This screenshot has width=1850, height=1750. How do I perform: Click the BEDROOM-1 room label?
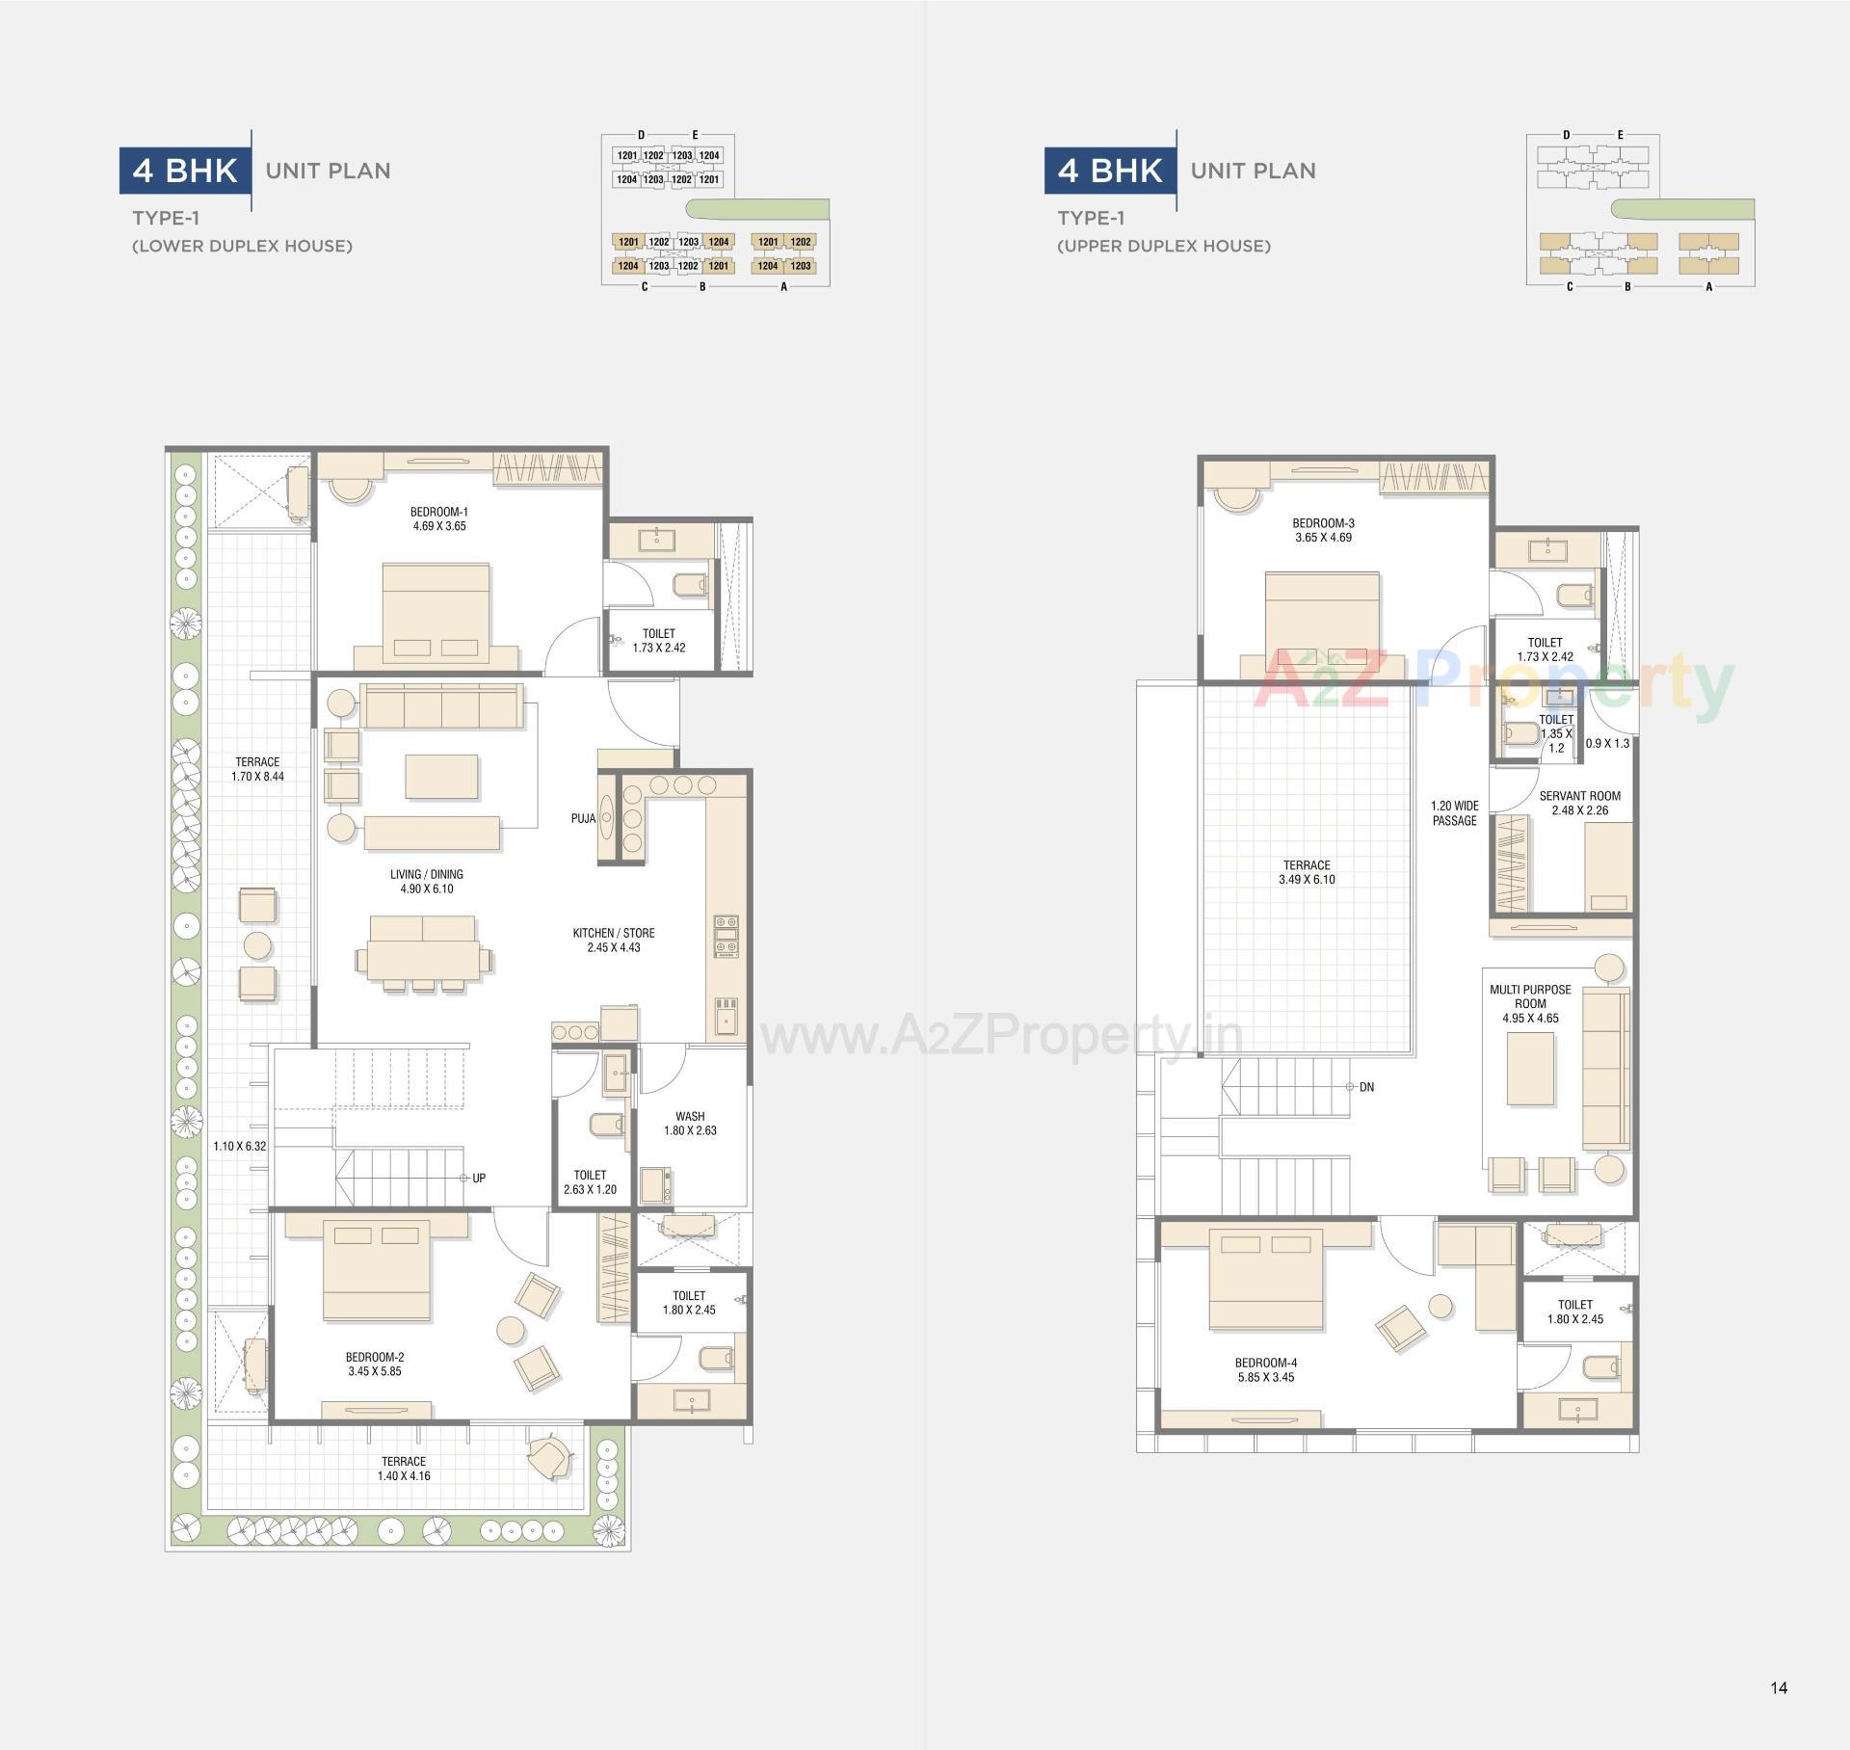tap(438, 512)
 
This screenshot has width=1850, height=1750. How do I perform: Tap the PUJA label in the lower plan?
tap(582, 818)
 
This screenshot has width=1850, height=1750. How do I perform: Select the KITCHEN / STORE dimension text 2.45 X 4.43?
tap(614, 947)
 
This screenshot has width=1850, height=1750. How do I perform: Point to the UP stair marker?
tap(478, 1178)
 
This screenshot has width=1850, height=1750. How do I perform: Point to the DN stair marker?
tap(1366, 1087)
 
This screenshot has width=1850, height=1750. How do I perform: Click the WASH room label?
tap(690, 1116)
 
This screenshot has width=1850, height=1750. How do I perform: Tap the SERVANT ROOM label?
tap(1579, 796)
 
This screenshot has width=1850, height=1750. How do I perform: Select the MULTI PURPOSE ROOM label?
tap(1530, 996)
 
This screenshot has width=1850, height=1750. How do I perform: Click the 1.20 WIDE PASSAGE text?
tap(1454, 813)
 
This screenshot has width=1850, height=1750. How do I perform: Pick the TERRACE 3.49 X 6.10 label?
tap(1307, 872)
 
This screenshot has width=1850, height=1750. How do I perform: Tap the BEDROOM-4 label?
tap(1266, 1363)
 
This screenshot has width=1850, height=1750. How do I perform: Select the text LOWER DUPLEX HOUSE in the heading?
tap(242, 246)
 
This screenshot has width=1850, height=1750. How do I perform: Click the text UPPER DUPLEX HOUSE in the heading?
tap(1164, 246)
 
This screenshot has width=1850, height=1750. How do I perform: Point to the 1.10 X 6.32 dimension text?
tap(239, 1146)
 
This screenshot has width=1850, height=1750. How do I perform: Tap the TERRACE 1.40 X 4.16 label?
tap(404, 1469)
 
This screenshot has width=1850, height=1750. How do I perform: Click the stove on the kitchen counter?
tap(726, 936)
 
